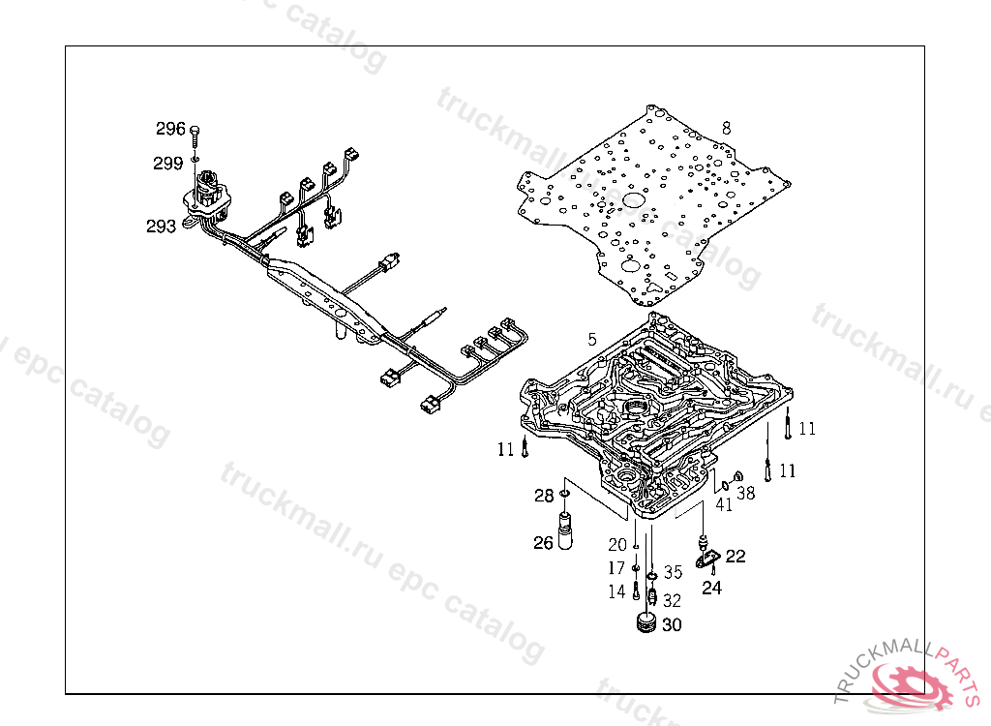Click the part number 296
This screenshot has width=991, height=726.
(x=170, y=129)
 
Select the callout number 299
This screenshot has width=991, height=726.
(x=167, y=164)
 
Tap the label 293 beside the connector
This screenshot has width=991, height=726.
(x=161, y=227)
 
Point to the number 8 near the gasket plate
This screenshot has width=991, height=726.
(x=726, y=128)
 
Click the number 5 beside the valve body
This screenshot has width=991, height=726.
(x=591, y=341)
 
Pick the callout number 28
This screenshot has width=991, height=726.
(x=545, y=497)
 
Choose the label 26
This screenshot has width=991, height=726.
(x=543, y=543)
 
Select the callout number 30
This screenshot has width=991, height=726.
(x=672, y=625)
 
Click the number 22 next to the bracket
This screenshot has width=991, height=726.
(x=736, y=556)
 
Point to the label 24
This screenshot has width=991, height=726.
(x=711, y=587)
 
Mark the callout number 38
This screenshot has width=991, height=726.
(x=746, y=494)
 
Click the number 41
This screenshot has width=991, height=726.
(x=724, y=503)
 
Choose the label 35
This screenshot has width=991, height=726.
(x=673, y=572)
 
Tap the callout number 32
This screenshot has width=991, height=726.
(x=672, y=600)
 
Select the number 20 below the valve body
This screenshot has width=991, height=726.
(x=617, y=546)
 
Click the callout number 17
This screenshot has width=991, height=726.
(x=616, y=568)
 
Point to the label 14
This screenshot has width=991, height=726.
(x=616, y=591)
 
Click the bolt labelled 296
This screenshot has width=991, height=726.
(x=195, y=134)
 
